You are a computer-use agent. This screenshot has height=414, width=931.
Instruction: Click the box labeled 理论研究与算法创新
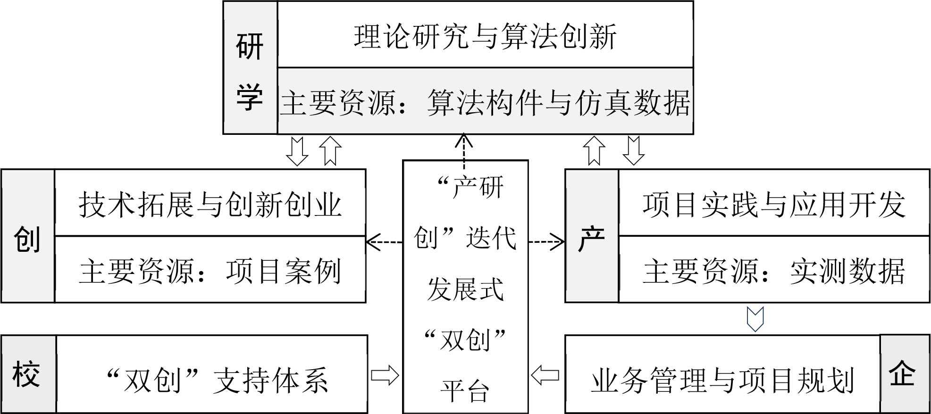click(485, 36)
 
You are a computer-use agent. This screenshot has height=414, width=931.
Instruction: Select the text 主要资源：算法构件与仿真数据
click(485, 102)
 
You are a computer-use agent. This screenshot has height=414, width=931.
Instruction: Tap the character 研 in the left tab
click(250, 47)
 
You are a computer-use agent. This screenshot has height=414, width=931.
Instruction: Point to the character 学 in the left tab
click(250, 98)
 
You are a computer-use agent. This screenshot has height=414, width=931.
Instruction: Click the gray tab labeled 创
click(27, 238)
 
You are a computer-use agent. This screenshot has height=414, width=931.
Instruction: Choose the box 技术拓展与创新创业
click(210, 204)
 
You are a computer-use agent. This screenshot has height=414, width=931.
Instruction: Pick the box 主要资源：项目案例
click(210, 271)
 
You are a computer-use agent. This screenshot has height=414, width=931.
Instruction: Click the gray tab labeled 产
click(592, 238)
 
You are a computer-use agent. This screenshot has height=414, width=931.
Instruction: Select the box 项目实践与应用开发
click(774, 204)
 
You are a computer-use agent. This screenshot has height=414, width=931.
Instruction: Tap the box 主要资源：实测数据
click(774, 271)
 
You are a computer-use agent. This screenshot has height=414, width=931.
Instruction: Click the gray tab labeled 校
click(27, 375)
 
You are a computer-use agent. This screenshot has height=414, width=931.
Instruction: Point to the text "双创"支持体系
click(217, 380)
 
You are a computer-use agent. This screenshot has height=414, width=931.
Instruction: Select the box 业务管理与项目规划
click(723, 381)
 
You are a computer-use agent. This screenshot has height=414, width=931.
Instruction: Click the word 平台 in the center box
click(465, 391)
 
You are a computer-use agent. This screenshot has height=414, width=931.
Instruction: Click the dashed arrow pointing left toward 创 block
click(383, 242)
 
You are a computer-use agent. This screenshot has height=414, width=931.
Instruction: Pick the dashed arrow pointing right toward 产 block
click(546, 242)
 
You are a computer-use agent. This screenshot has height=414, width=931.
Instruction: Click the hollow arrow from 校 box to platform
click(385, 376)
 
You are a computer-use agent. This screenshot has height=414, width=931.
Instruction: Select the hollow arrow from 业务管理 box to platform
click(545, 376)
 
